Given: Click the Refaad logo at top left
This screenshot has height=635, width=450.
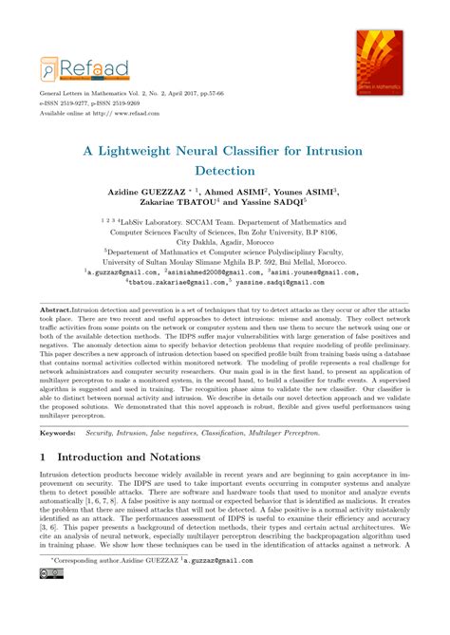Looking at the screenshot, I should click(71, 67).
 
